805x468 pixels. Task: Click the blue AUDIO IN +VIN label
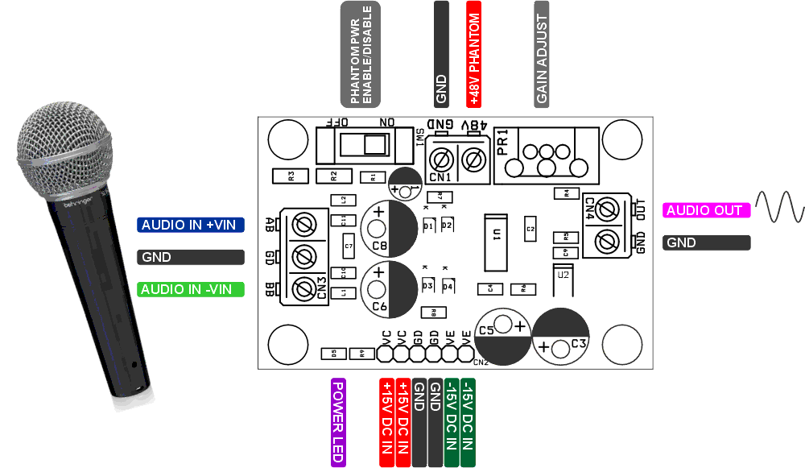(190, 225)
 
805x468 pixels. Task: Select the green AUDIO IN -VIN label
(190, 289)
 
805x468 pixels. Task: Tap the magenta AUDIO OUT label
(706, 210)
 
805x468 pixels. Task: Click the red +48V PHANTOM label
(474, 54)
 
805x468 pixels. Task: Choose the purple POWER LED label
(338, 422)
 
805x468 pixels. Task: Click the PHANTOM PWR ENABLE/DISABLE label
(360, 54)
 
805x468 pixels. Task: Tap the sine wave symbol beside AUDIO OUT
(779, 207)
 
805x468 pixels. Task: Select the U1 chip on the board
(495, 243)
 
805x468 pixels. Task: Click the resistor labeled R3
(291, 175)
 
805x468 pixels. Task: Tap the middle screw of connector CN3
(304, 256)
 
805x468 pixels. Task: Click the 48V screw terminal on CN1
(473, 159)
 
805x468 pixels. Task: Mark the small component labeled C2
(530, 229)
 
